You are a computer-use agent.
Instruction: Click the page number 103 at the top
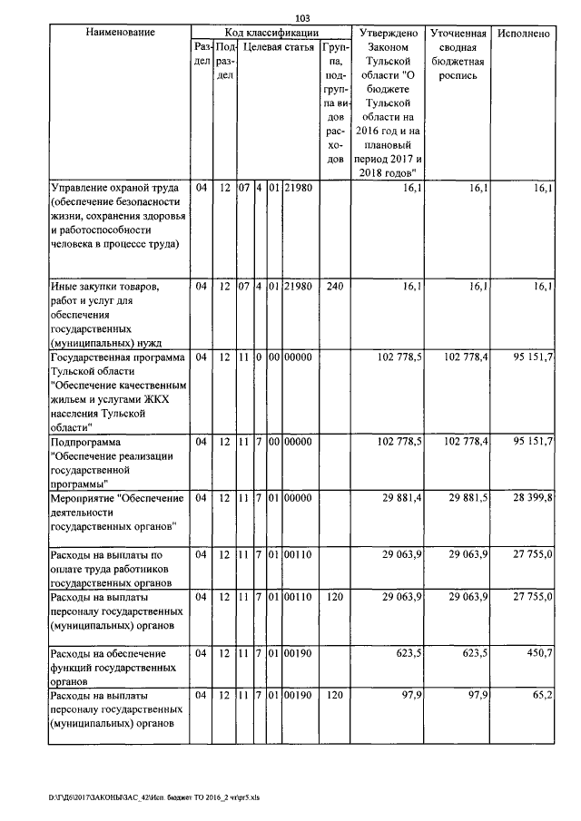[302, 18]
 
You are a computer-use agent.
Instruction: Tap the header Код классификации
[269, 33]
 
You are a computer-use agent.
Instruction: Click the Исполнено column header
[524, 33]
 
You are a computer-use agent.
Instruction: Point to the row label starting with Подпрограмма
[119, 463]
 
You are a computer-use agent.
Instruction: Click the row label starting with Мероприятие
[119, 512]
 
